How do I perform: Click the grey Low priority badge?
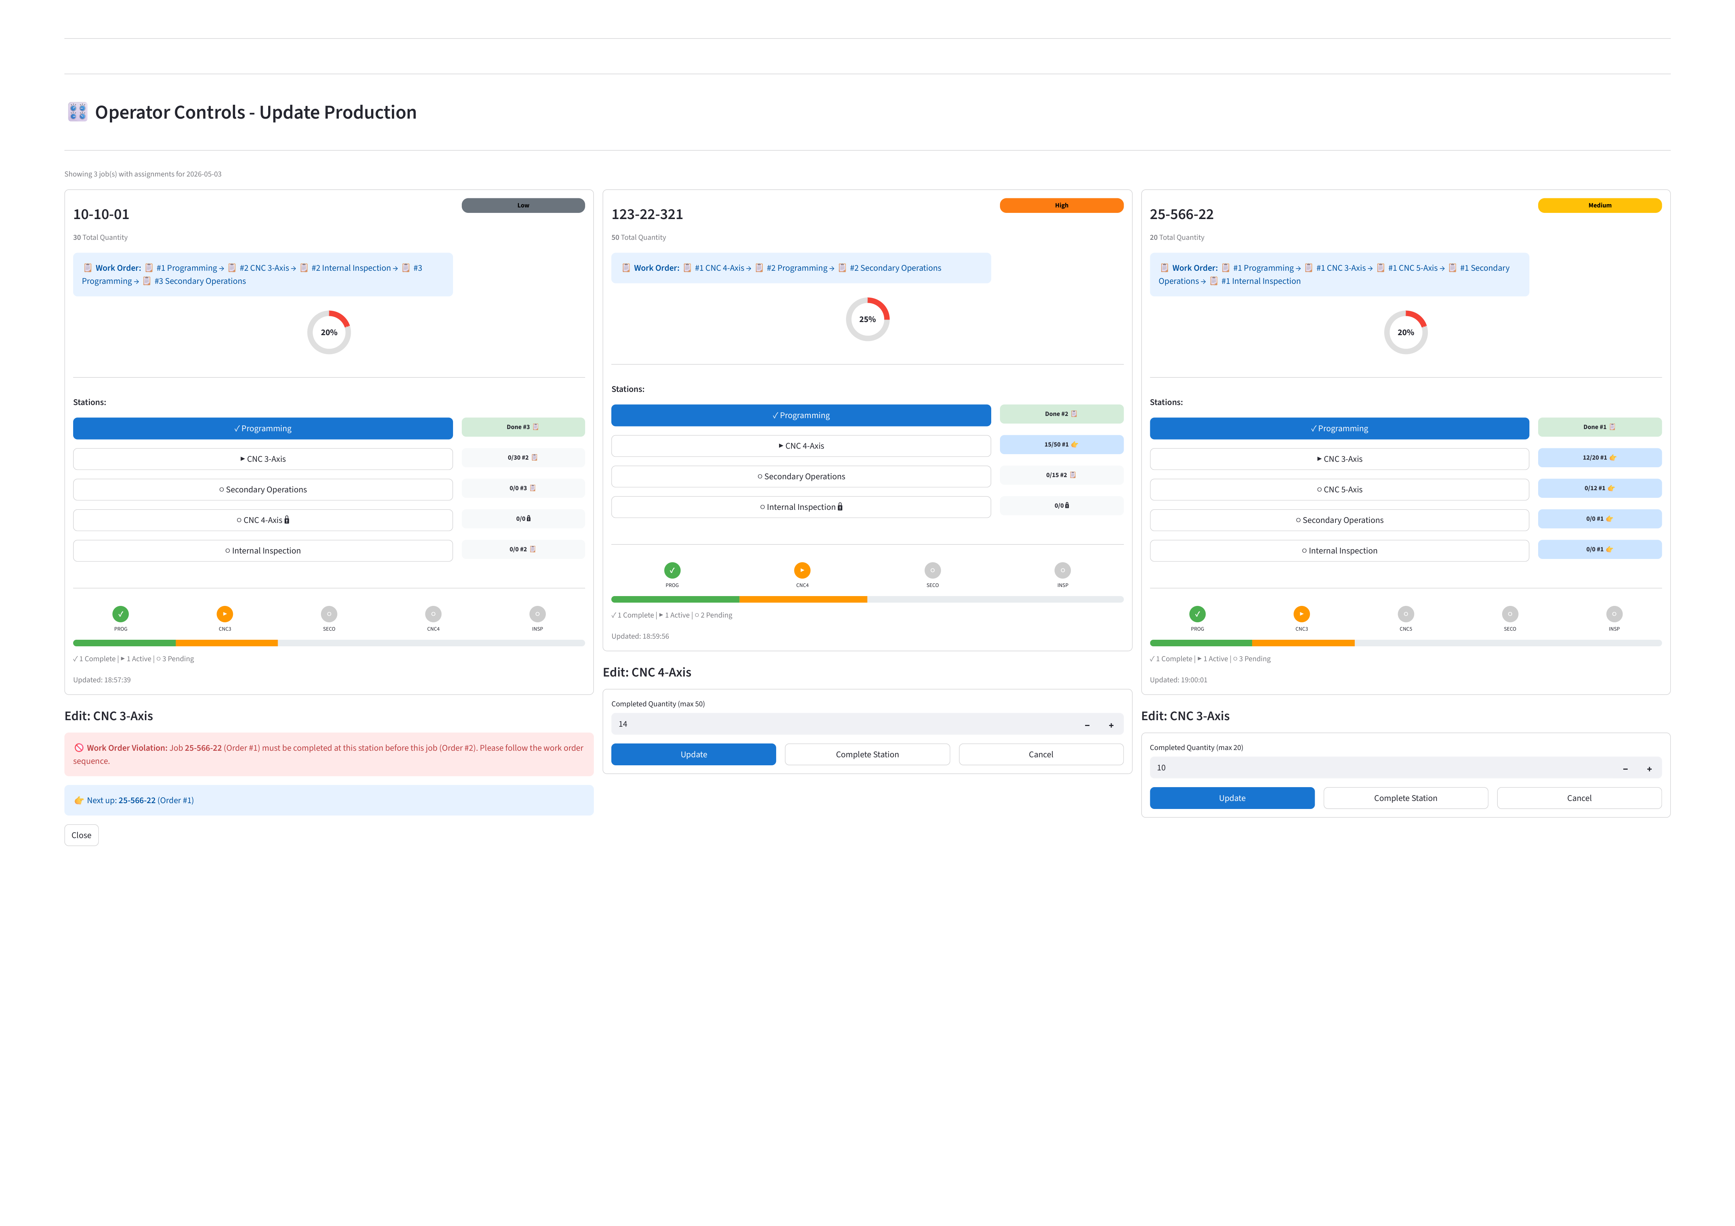pyautogui.click(x=523, y=206)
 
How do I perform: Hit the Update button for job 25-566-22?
pyautogui.click(x=1232, y=798)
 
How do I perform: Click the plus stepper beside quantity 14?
pyautogui.click(x=1111, y=725)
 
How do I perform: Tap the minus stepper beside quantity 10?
pyautogui.click(x=1625, y=769)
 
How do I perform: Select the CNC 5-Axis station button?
pyautogui.click(x=1339, y=490)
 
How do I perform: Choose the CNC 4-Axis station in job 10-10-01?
pyautogui.click(x=263, y=520)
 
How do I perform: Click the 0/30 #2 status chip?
pyautogui.click(x=523, y=457)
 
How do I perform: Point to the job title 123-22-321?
pyautogui.click(x=647, y=215)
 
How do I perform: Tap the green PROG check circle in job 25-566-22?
pyautogui.click(x=1197, y=614)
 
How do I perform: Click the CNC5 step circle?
pyautogui.click(x=1406, y=614)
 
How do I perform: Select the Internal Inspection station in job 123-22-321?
pyautogui.click(x=801, y=507)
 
